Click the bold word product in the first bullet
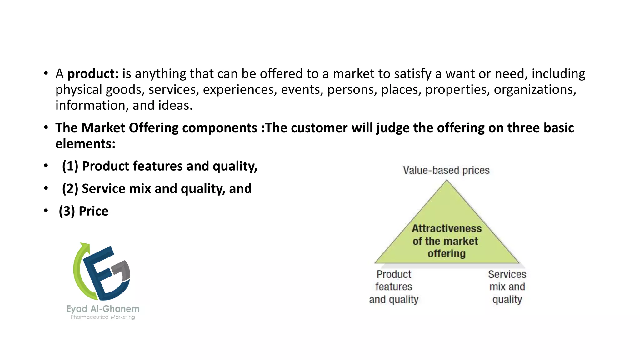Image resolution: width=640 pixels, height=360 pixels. coord(93,74)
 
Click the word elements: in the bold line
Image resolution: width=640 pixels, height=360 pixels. coord(85,144)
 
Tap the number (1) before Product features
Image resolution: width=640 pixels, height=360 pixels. coord(70,166)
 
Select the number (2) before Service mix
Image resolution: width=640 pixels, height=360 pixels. coord(70,189)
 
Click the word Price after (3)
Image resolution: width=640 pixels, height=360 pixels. coord(93,211)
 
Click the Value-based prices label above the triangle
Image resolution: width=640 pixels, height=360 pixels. coord(446,170)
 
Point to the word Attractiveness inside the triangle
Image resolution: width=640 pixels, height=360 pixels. coord(447,228)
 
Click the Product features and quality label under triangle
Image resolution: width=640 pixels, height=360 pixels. coord(394,287)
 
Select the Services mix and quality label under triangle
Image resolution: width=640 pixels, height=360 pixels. coord(507,287)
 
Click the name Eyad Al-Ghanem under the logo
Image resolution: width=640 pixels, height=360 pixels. coord(103,309)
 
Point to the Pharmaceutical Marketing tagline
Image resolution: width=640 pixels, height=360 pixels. coord(103,317)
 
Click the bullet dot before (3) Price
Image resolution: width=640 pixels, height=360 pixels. coord(46,211)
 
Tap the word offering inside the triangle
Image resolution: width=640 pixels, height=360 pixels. coord(447,253)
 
